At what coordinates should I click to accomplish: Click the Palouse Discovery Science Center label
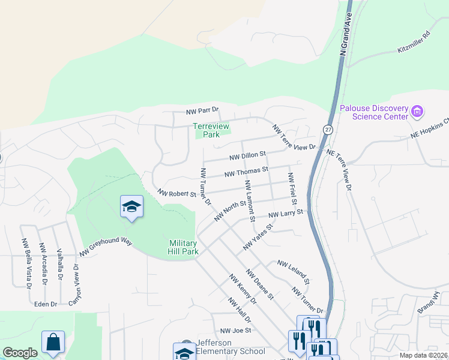[x=374, y=112]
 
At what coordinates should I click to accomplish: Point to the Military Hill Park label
[x=183, y=247]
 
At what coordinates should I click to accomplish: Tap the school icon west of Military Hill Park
[x=131, y=208]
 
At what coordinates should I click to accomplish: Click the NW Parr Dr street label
[x=202, y=111]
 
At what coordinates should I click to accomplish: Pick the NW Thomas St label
[x=246, y=173]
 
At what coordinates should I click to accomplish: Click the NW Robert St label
[x=177, y=194]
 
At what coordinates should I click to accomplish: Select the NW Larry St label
[x=286, y=213]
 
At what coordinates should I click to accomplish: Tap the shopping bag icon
[x=53, y=343]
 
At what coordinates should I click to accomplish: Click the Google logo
[x=20, y=353]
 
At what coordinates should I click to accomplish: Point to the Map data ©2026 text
[x=424, y=355]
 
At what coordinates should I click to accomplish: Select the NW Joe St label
[x=235, y=331]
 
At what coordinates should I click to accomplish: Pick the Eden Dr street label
[x=45, y=304]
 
